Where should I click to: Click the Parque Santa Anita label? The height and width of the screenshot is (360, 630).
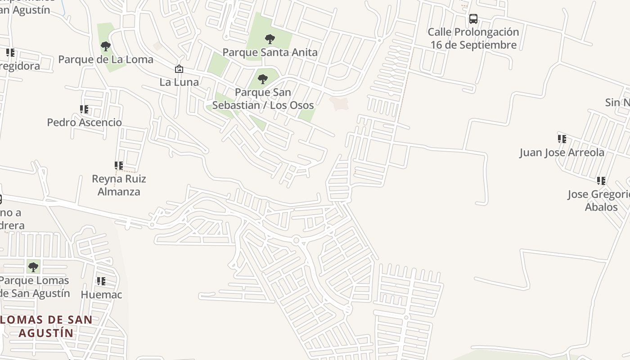(270, 52)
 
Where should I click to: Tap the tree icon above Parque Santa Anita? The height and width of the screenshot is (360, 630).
(270, 39)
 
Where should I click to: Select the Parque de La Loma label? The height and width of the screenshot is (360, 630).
(106, 59)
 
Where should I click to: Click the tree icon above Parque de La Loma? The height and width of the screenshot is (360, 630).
(106, 46)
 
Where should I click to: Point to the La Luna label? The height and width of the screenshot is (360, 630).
(179, 82)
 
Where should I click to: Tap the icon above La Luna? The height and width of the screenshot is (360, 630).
(179, 69)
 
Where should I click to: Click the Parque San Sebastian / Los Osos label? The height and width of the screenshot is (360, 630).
(263, 99)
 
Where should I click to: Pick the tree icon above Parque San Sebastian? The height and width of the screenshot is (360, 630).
(263, 80)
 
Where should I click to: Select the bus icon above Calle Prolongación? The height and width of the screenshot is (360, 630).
(473, 19)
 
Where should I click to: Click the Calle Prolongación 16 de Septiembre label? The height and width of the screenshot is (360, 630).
(473, 39)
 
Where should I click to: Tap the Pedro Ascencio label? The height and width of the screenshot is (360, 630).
(85, 122)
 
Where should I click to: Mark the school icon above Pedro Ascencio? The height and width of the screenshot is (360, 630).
(84, 109)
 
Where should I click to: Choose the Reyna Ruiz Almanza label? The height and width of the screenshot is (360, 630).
(119, 185)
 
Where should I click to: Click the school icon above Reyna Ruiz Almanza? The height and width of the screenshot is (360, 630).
(119, 166)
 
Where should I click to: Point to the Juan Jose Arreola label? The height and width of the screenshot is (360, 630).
(562, 153)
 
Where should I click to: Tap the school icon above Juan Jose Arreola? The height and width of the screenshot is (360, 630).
(562, 139)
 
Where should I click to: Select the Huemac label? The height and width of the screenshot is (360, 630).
(101, 295)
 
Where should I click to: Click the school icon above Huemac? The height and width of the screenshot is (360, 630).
(101, 281)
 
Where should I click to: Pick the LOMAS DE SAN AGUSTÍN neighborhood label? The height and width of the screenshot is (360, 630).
(46, 327)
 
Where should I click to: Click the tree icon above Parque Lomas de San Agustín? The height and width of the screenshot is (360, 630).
(33, 267)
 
